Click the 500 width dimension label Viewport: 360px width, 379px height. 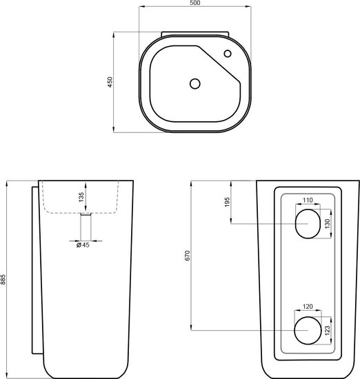click(x=194, y=3)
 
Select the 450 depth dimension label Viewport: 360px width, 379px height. click(x=110, y=82)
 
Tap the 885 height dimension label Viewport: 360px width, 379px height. click(x=3, y=279)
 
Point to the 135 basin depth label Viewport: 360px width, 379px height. click(x=81, y=197)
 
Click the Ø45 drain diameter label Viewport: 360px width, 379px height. click(x=83, y=245)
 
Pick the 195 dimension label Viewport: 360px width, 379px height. click(x=227, y=202)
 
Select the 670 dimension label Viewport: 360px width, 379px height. click(x=188, y=256)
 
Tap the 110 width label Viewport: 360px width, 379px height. click(x=308, y=200)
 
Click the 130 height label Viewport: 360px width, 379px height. click(x=328, y=223)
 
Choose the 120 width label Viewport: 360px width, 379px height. click(x=308, y=307)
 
